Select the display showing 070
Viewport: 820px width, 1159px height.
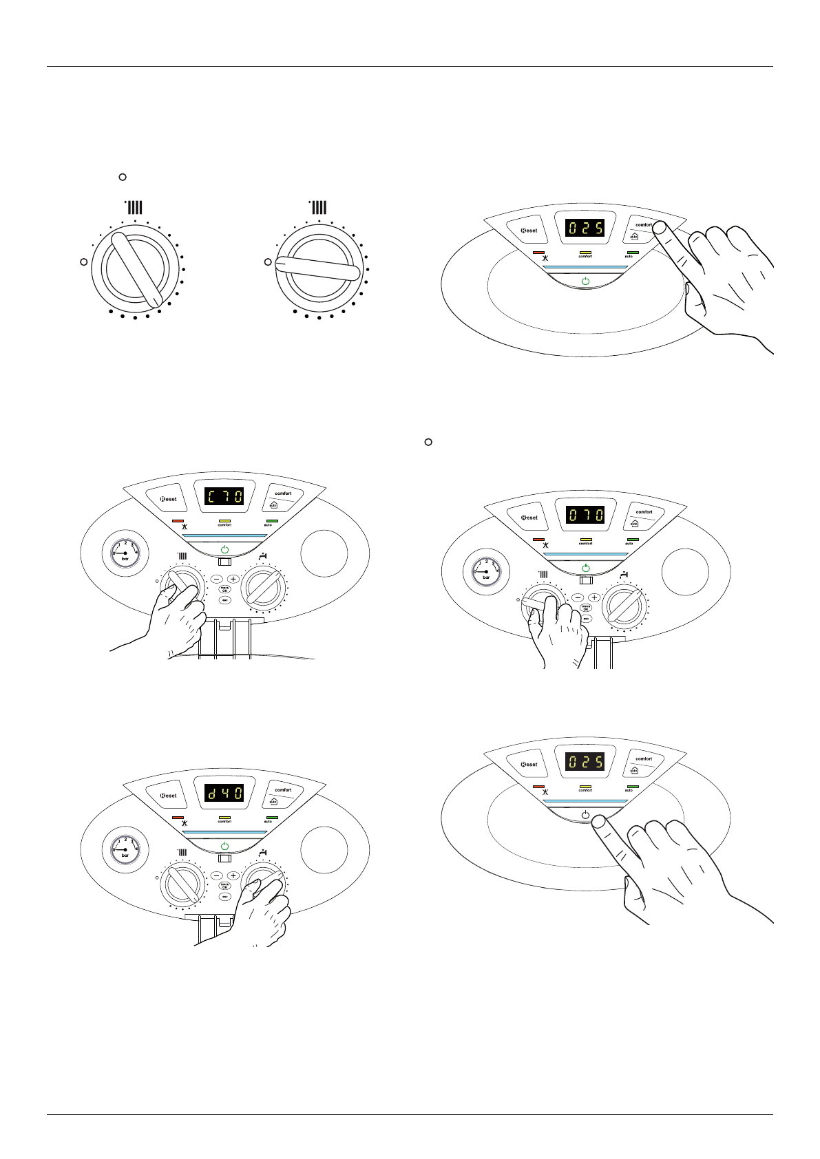pos(585,515)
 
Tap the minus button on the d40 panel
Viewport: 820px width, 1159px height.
pos(216,875)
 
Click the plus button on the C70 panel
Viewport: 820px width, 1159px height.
pos(233,579)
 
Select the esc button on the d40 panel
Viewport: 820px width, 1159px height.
pos(224,897)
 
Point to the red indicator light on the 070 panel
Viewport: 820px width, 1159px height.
pos(538,540)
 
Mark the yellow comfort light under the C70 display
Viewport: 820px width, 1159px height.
pos(224,520)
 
